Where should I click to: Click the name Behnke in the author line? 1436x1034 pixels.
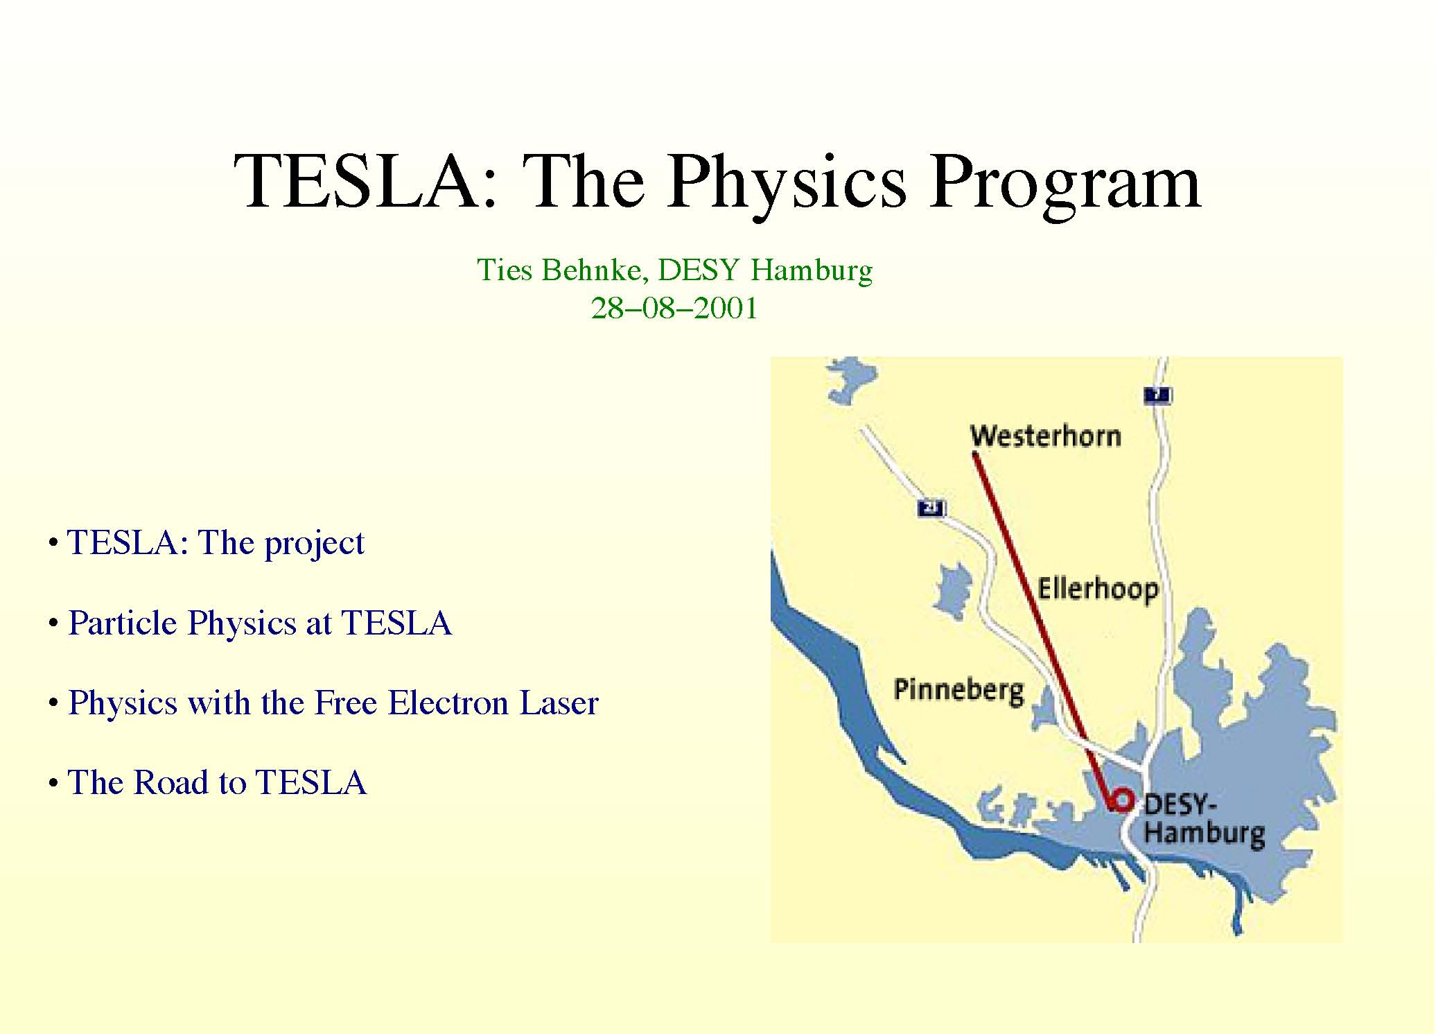pyautogui.click(x=595, y=269)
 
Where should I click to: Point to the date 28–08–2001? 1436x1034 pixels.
pyautogui.click(x=674, y=308)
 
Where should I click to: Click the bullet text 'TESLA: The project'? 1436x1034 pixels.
pyautogui.click(x=216, y=542)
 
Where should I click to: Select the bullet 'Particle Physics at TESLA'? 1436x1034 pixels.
pyautogui.click(x=260, y=622)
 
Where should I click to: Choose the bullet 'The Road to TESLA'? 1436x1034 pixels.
pyautogui.click(x=217, y=782)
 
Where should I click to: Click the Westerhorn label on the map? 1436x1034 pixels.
pyautogui.click(x=1045, y=436)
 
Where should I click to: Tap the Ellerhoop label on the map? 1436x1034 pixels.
pyautogui.click(x=1098, y=589)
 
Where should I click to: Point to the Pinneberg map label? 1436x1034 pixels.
pyautogui.click(x=958, y=691)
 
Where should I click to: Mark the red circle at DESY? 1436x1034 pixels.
pyautogui.click(x=1121, y=801)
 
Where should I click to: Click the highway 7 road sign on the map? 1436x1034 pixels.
pyautogui.click(x=1157, y=396)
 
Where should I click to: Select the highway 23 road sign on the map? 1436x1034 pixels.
pyautogui.click(x=931, y=508)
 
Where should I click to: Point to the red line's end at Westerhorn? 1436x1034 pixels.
pyautogui.click(x=974, y=454)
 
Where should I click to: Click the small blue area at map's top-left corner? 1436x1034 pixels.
pyautogui.click(x=850, y=379)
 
